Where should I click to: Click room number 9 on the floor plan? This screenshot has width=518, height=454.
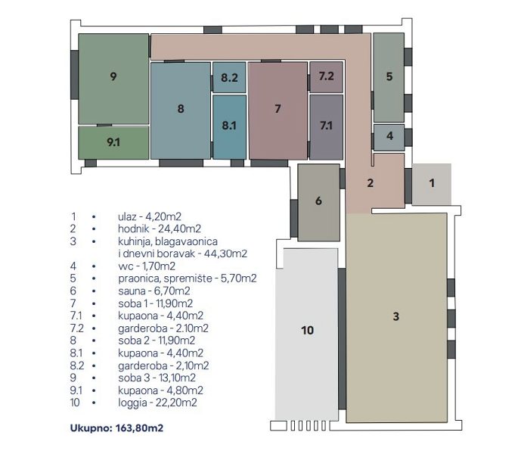click(x=113, y=79)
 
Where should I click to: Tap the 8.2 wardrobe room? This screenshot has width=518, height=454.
click(x=229, y=77)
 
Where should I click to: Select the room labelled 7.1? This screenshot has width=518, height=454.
click(x=326, y=127)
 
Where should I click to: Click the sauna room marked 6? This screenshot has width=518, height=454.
click(x=319, y=202)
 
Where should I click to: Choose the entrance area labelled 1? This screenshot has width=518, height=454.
click(x=432, y=184)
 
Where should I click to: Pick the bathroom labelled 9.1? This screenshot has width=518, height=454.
click(x=113, y=142)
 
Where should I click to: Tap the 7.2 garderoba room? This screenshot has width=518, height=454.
click(x=326, y=76)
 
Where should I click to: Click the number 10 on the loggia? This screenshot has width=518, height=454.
click(x=307, y=330)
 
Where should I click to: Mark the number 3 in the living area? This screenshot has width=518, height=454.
click(x=396, y=316)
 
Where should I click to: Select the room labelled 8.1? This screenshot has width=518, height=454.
click(x=229, y=127)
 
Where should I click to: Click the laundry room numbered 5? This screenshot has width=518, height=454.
click(x=389, y=77)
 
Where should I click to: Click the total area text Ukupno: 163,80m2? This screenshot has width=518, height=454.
click(x=116, y=428)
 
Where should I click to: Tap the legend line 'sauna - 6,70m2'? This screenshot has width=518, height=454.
click(x=154, y=291)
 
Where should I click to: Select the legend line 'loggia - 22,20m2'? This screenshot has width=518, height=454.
click(x=157, y=403)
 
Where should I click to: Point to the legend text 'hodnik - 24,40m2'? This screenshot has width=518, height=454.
click(x=160, y=229)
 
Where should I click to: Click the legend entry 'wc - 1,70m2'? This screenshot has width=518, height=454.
click(x=147, y=266)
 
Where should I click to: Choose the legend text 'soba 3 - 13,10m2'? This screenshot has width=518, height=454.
click(x=157, y=378)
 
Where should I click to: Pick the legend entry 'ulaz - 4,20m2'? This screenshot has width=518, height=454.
click(x=150, y=216)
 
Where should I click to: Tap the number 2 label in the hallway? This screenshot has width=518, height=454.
click(x=371, y=183)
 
